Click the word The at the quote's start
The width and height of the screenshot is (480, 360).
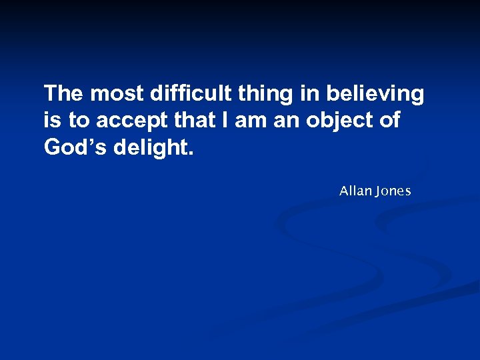point(64,94)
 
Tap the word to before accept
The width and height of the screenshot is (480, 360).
point(79,121)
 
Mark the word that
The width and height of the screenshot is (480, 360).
point(191,121)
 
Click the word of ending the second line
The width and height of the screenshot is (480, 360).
point(390,121)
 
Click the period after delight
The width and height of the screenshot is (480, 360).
point(191,153)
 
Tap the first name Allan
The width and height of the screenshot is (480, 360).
point(355,191)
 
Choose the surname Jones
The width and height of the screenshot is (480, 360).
point(393,192)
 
